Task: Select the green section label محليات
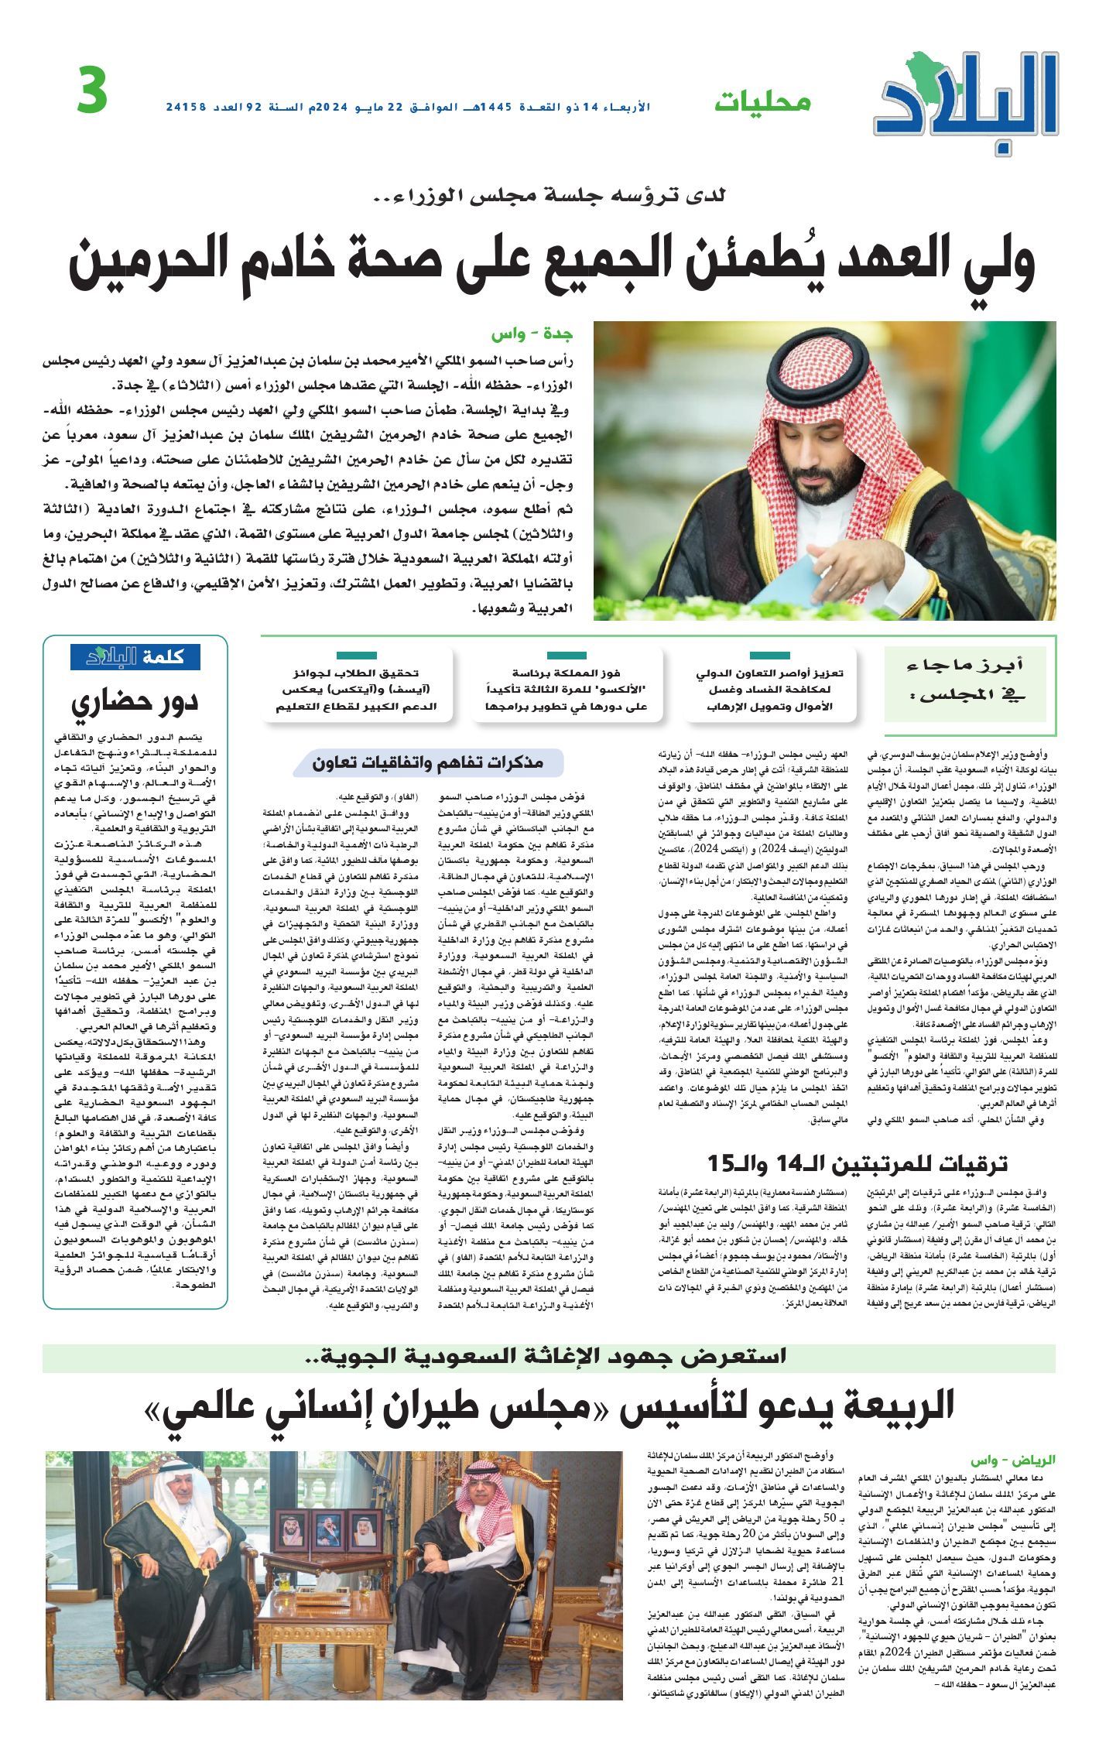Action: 762,101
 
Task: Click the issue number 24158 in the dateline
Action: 187,106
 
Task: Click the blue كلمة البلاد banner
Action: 135,656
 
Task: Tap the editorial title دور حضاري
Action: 135,701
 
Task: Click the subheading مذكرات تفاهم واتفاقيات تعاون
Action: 428,762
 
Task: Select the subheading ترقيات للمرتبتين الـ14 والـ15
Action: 858,1163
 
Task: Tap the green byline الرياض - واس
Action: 1025,1459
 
